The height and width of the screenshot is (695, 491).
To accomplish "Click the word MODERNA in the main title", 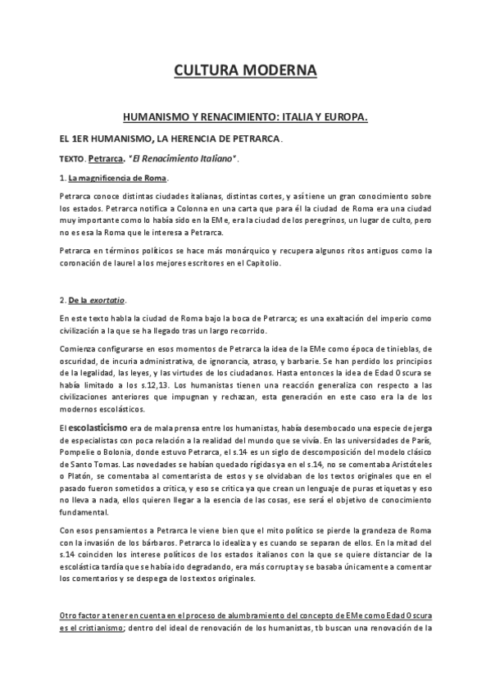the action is click(277, 71).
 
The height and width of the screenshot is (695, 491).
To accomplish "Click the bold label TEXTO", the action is click(72, 158).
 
